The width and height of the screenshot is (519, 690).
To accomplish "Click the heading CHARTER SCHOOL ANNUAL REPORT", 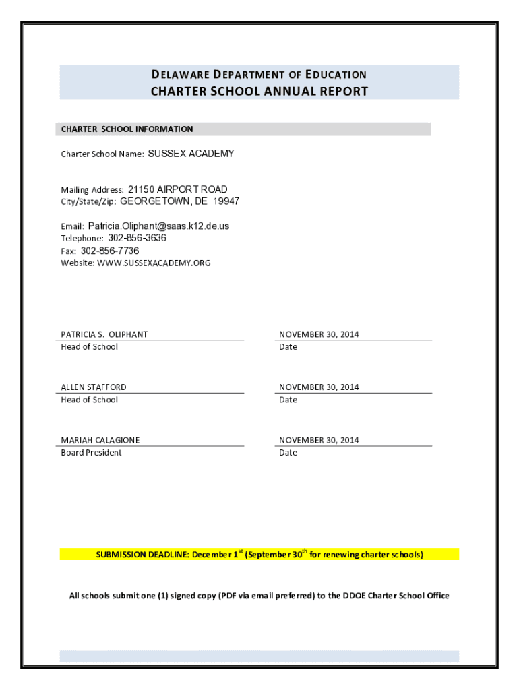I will [259, 91].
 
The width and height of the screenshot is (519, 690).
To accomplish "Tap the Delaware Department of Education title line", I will [259, 75].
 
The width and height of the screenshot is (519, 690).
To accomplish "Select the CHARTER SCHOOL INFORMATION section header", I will [127, 129].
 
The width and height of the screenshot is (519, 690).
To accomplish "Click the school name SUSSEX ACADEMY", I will [191, 154].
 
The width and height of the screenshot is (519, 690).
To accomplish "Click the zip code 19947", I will [226, 201].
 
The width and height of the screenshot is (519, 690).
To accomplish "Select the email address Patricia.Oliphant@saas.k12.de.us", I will [158, 226].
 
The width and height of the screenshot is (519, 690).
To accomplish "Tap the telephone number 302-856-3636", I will [137, 238].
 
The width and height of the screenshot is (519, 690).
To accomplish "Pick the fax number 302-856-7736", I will [110, 251].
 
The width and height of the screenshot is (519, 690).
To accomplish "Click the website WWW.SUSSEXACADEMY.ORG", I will [154, 263].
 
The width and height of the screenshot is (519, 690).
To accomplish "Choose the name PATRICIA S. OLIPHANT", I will [104, 334].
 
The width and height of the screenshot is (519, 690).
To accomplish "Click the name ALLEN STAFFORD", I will [94, 387].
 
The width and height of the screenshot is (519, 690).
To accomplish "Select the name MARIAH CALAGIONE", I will [100, 440].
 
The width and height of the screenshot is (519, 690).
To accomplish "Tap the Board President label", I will [92, 453].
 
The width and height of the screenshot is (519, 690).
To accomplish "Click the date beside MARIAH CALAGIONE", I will [319, 440].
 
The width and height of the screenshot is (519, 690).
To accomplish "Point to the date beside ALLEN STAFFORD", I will [319, 387].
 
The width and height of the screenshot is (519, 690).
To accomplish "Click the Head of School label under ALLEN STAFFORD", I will [89, 400].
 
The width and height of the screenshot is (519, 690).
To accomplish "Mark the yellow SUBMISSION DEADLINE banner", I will [259, 555].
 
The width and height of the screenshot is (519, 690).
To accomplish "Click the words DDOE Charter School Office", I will [396, 596].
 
